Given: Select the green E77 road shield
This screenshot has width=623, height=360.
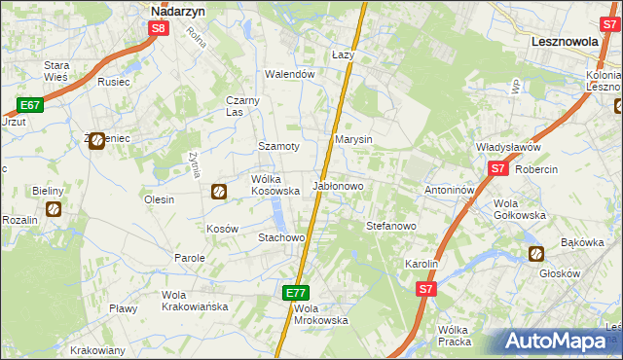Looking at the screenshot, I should click(297, 292).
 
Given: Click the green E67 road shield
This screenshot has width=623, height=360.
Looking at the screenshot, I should click(28, 104).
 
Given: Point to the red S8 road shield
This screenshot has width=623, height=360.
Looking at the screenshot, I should click(161, 29).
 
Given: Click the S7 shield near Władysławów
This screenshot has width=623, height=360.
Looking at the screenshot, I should click(497, 168).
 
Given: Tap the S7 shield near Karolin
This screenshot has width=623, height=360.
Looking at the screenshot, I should click(425, 289).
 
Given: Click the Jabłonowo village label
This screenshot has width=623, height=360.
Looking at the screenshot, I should click(337, 185).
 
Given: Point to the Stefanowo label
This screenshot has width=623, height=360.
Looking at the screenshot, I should click(391, 225).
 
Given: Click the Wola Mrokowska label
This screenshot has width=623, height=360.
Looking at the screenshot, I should click(320, 314).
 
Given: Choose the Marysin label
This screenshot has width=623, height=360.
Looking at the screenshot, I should click(353, 140).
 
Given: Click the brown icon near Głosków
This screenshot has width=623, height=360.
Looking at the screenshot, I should click(536, 254).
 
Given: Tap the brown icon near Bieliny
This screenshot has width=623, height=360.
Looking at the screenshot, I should click(54, 208).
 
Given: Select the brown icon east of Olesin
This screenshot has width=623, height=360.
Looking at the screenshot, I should click(219, 192).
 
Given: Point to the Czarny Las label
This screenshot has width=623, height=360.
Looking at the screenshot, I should click(241, 105).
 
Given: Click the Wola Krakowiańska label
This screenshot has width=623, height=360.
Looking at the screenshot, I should click(195, 301).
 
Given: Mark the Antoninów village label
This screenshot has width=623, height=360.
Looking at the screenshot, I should click(449, 190).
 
